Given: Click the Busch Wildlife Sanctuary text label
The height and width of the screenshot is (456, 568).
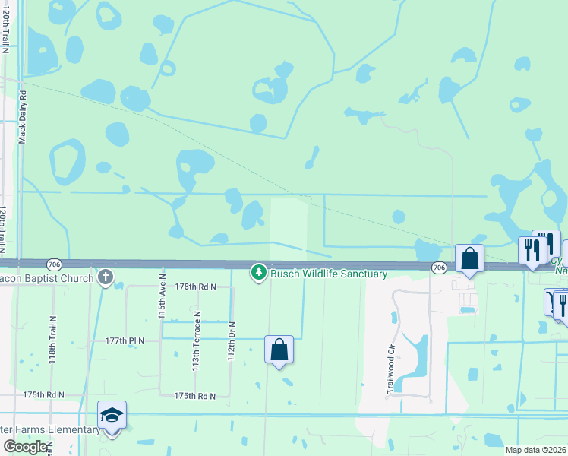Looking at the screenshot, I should [329, 274].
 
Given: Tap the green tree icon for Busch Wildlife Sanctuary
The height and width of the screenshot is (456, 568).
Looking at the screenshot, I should [259, 272].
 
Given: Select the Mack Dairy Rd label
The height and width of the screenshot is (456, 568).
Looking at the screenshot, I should [23, 118].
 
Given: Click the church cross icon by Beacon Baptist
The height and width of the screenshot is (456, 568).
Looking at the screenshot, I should [106, 277].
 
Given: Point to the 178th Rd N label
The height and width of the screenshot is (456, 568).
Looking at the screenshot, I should [196, 287].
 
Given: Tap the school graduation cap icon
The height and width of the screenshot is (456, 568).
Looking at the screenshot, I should [112, 414].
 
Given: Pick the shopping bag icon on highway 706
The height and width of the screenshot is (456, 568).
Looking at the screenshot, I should [469, 258].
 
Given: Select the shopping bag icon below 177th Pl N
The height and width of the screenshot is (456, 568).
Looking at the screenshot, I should [279, 350].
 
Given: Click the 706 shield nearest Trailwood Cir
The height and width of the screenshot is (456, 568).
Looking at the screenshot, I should [439, 268].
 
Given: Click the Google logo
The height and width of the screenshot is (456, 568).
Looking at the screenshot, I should [25, 447].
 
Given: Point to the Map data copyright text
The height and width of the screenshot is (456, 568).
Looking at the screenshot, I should [535, 450].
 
